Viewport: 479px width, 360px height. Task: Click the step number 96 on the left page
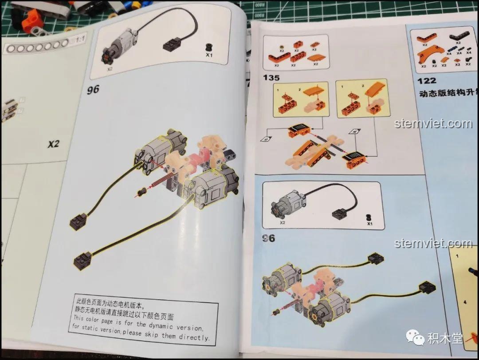tap(93, 89)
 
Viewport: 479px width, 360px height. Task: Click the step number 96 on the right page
tap(268, 238)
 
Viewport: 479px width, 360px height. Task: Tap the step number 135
tap(271, 78)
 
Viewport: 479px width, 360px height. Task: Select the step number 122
tap(427, 80)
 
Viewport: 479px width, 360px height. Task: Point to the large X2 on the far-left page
tap(54, 144)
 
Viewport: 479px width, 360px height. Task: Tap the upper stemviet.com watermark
tap(433, 123)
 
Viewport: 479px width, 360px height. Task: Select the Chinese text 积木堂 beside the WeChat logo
tap(445, 339)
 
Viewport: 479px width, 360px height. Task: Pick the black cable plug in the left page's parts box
tap(172, 44)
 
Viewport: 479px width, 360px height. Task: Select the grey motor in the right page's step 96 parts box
tap(287, 206)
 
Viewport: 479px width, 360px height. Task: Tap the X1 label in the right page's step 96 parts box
tap(369, 224)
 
